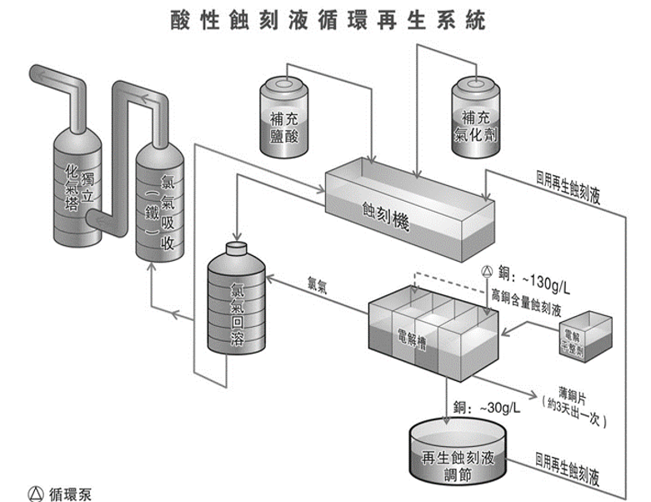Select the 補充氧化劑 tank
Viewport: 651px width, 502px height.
pyautogui.click(x=477, y=117)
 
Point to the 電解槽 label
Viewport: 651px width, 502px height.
pyautogui.click(x=413, y=337)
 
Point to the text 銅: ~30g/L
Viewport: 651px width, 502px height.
pyautogui.click(x=488, y=408)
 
